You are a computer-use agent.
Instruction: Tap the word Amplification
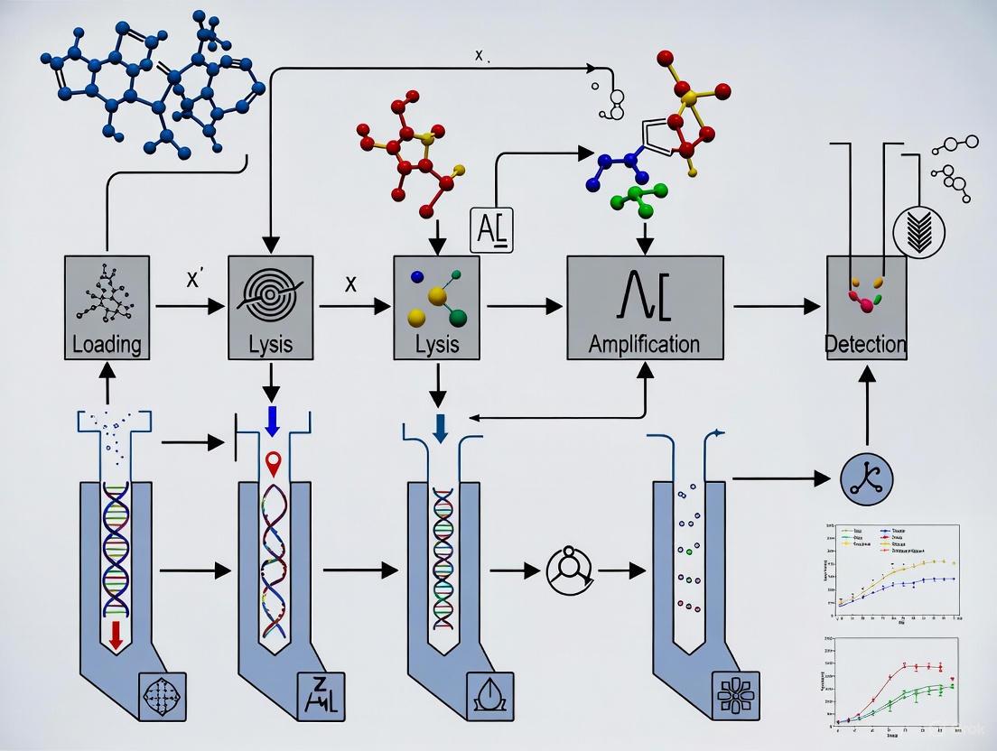tap(644, 344)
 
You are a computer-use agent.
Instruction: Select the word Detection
tap(866, 344)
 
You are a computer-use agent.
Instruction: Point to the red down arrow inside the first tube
tap(115, 635)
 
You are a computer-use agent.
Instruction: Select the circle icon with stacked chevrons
tap(940, 230)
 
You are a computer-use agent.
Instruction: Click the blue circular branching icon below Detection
tap(865, 478)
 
